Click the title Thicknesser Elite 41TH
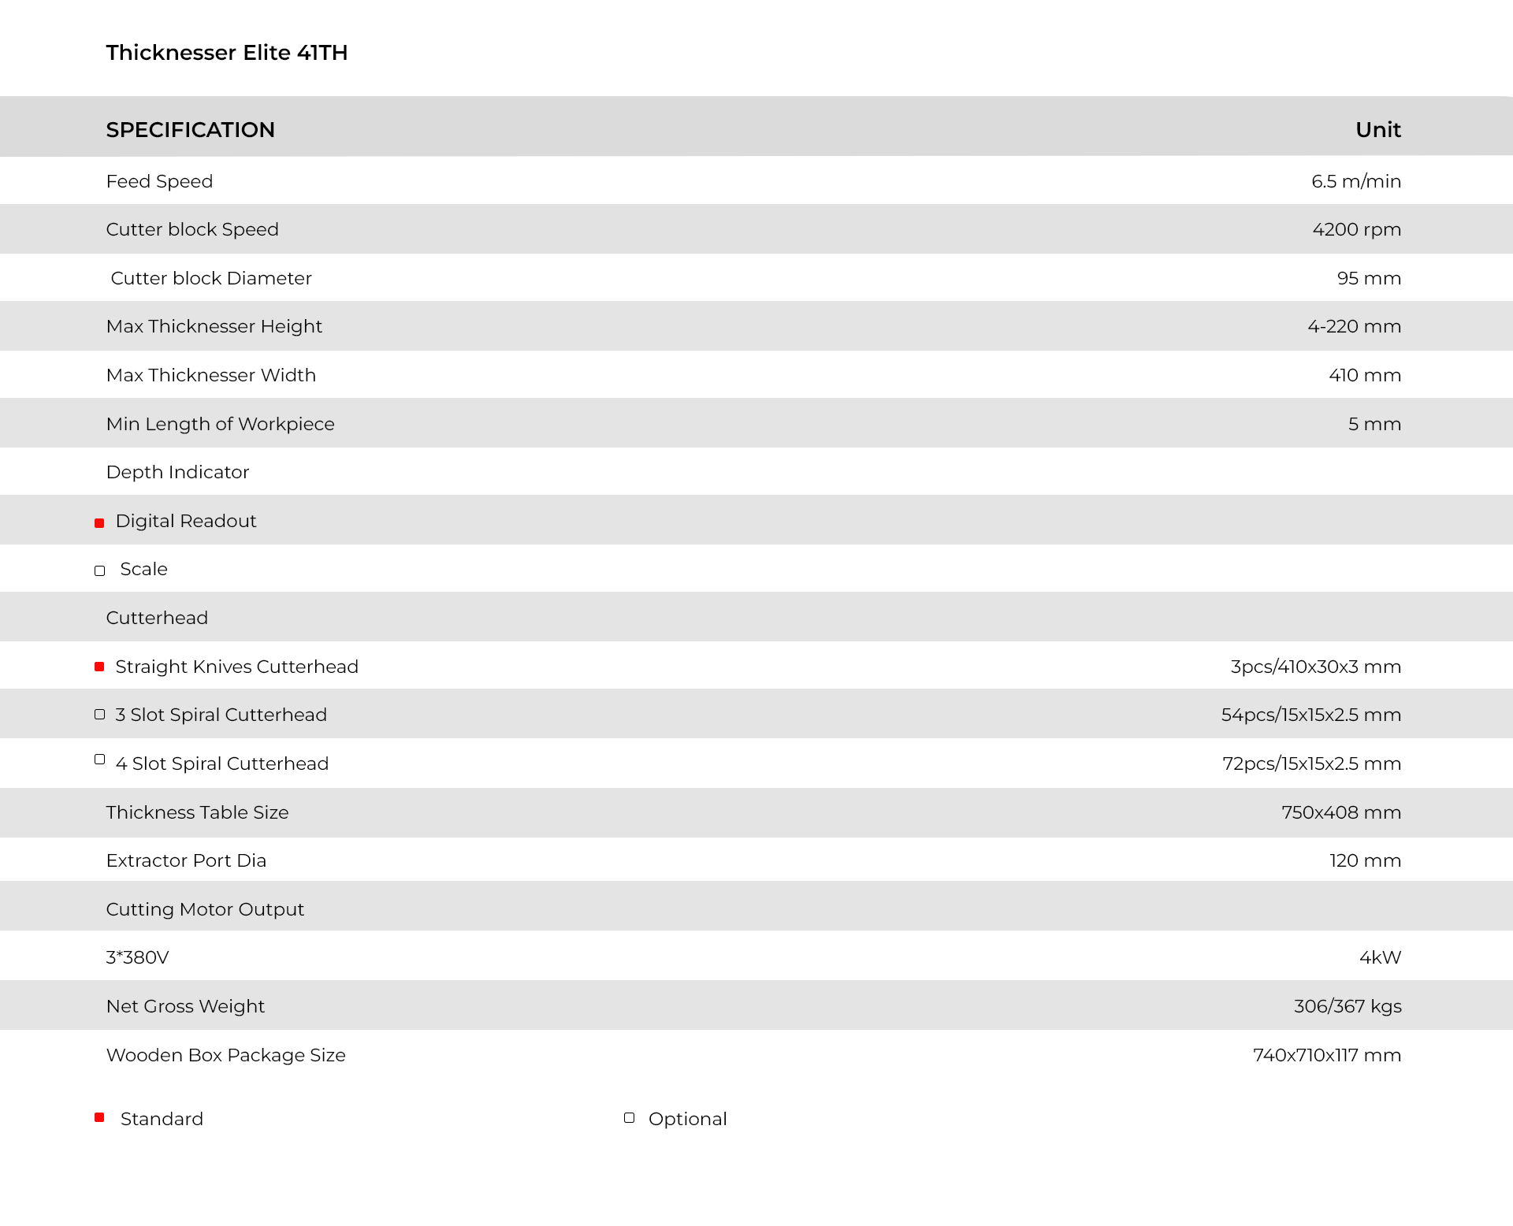[x=227, y=53]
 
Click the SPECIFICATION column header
[x=191, y=130]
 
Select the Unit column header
[x=1377, y=130]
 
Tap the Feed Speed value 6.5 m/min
[x=1355, y=181]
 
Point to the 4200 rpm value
[x=1356, y=229]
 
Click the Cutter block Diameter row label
[x=211, y=278]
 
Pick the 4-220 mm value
[x=1354, y=326]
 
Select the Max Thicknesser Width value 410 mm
[x=1364, y=375]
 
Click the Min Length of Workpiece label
[x=220, y=424]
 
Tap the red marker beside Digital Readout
[x=99, y=523]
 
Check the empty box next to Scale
[x=99, y=571]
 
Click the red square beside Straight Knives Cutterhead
[x=99, y=667]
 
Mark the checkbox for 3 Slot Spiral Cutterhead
[x=99, y=715]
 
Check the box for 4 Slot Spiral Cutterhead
[x=99, y=760]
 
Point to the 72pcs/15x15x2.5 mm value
[x=1311, y=763]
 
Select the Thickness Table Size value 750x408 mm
[x=1340, y=812]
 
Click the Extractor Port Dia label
[x=186, y=860]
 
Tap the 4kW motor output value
[x=1380, y=957]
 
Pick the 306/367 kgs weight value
[x=1347, y=1006]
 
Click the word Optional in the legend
[x=687, y=1119]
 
